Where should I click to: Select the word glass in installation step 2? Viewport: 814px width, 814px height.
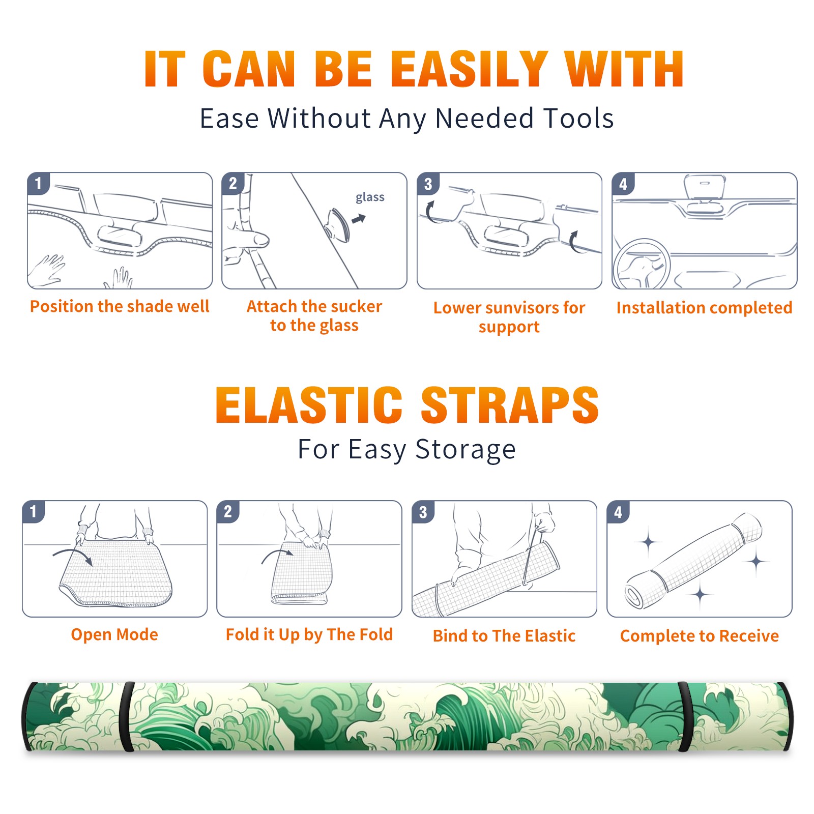point(370,197)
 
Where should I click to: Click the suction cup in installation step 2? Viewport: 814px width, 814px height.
point(338,224)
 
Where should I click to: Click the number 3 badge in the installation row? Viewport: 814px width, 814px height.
point(428,184)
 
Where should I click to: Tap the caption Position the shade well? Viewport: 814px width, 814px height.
point(120,306)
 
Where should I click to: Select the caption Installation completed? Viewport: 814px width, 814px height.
point(704,308)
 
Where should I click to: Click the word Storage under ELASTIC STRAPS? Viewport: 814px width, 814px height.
point(466,450)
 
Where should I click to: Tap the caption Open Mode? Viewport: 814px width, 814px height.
point(114,634)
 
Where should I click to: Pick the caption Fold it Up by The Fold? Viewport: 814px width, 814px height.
point(309,635)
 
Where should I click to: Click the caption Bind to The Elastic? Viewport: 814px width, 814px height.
point(504,636)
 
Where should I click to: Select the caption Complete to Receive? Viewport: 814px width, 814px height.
point(700,636)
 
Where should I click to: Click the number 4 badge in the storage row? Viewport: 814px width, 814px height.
point(618,512)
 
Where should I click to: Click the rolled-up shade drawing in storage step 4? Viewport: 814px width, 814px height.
point(693,561)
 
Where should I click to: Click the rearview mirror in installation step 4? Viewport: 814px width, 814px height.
point(705,187)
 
